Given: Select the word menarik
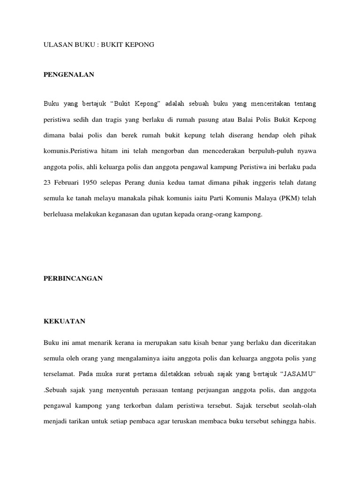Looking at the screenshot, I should [97, 343].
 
